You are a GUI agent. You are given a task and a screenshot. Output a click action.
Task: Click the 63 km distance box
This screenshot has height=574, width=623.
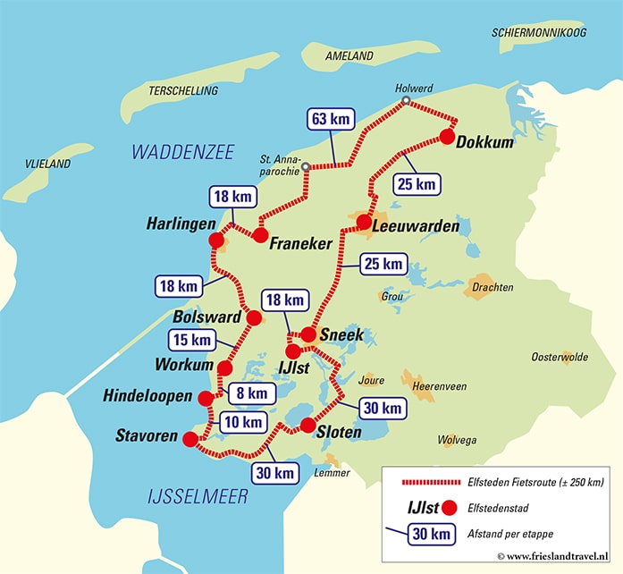(329, 120)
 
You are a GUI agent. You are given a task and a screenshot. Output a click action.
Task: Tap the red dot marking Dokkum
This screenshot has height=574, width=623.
(447, 137)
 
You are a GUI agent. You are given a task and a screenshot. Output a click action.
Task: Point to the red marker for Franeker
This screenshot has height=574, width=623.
(260, 235)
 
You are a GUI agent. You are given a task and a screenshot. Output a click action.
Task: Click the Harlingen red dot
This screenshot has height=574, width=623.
(215, 241)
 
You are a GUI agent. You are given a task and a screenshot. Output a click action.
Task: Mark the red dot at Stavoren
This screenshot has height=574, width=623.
(189, 438)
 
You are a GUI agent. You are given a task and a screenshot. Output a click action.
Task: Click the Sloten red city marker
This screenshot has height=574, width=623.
(307, 425)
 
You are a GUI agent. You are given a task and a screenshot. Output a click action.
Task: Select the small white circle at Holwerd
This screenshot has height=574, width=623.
(405, 102)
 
